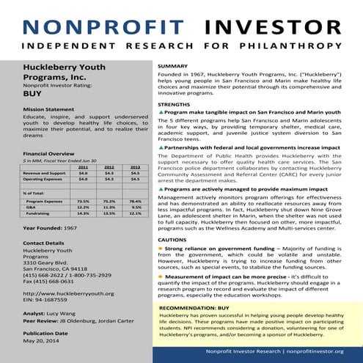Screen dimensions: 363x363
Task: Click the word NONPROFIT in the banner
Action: pyautogui.click(x=100, y=27)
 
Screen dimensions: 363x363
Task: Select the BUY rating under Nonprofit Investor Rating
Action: pyautogui.click(x=32, y=95)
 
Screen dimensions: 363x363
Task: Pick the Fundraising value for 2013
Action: pyautogui.click(x=135, y=213)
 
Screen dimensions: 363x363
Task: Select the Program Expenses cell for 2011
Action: pyautogui.click(x=83, y=201)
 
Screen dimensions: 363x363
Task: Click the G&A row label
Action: pyautogui.click(x=31, y=207)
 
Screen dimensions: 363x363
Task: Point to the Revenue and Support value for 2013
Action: pyautogui.click(x=135, y=173)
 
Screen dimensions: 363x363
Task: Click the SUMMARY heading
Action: pyautogui.click(x=172, y=67)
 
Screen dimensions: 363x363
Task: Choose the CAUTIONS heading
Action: pyautogui.click(x=172, y=241)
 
